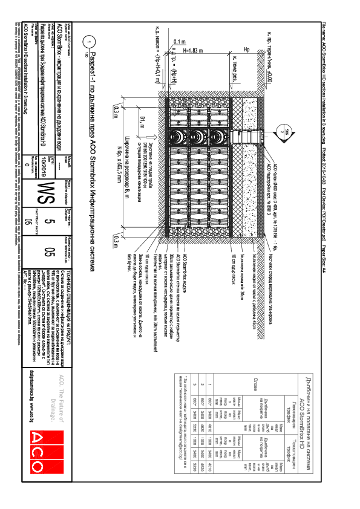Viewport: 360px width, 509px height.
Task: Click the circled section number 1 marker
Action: click(x=90, y=42)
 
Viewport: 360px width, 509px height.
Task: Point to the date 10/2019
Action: click(x=56, y=156)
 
